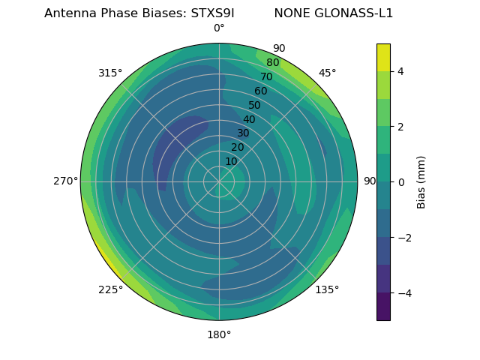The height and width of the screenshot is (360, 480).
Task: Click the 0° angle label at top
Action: (219, 28)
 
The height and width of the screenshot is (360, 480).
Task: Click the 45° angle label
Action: (328, 73)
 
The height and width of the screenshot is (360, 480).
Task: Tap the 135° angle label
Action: (327, 289)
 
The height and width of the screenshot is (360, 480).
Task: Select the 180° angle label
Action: (219, 334)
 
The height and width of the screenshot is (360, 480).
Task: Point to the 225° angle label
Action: (110, 290)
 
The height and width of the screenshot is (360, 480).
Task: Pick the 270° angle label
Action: (65, 181)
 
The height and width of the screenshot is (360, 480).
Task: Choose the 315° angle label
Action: (110, 73)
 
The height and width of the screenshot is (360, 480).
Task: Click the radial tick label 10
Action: (231, 161)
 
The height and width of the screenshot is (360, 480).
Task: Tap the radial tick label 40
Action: (249, 119)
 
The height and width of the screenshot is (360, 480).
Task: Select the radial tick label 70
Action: (266, 76)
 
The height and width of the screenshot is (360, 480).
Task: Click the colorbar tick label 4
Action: (401, 71)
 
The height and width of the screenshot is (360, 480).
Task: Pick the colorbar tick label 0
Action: (401, 182)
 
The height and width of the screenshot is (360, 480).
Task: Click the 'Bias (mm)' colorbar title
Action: (421, 182)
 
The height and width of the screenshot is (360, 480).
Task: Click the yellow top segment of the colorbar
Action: (383, 57)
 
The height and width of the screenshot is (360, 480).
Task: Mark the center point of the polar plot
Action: (219, 181)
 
